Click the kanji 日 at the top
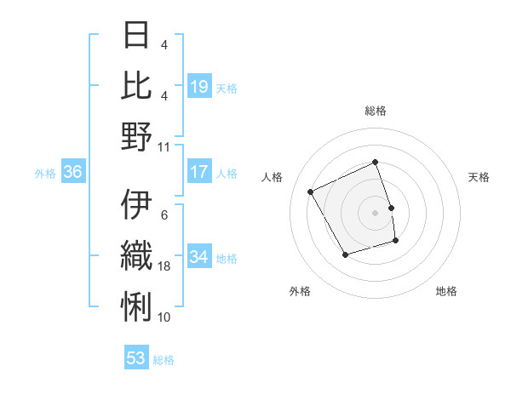137,35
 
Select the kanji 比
137,85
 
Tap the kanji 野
137,136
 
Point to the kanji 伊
137,205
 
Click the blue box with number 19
199,87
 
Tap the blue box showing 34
199,257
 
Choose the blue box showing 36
73,173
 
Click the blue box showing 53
136,358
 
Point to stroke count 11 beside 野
164,146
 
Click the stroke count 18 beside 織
164,266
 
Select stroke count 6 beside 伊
164,214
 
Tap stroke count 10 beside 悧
164,317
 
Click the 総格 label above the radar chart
375,111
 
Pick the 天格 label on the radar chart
479,177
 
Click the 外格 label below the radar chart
300,291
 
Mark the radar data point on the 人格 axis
311,192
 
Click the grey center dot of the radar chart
375,213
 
